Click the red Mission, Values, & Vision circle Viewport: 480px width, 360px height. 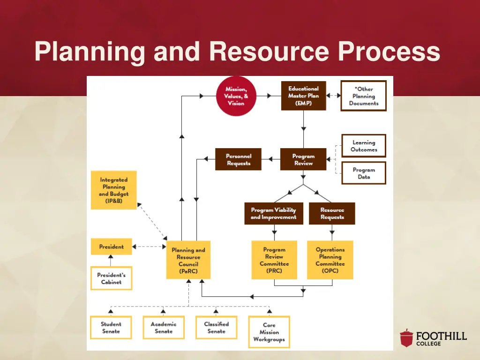click(236, 96)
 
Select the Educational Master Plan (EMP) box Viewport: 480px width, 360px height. click(303, 96)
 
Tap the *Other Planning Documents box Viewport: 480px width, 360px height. click(364, 96)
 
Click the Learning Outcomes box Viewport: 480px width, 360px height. click(364, 146)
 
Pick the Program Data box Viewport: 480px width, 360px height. click(364, 173)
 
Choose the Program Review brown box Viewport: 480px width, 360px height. click(303, 159)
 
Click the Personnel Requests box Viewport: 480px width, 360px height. click(238, 159)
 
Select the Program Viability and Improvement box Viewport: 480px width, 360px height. click(273, 214)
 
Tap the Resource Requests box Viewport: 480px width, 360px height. click(332, 214)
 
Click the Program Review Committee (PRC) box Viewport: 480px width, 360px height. click(274, 260)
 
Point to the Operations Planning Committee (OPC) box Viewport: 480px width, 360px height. click(330, 260)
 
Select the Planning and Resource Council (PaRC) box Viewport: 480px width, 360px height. click(188, 261)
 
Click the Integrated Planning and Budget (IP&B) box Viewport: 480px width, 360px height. click(113, 190)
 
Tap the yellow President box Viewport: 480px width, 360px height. click(111, 247)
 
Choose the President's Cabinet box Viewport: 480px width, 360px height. click(111, 278)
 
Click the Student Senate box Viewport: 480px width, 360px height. click(111, 327)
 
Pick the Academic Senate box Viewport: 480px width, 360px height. click(164, 327)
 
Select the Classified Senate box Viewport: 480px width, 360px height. click(216, 327)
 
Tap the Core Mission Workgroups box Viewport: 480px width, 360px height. click(269, 332)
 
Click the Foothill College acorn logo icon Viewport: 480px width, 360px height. click(406, 338)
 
